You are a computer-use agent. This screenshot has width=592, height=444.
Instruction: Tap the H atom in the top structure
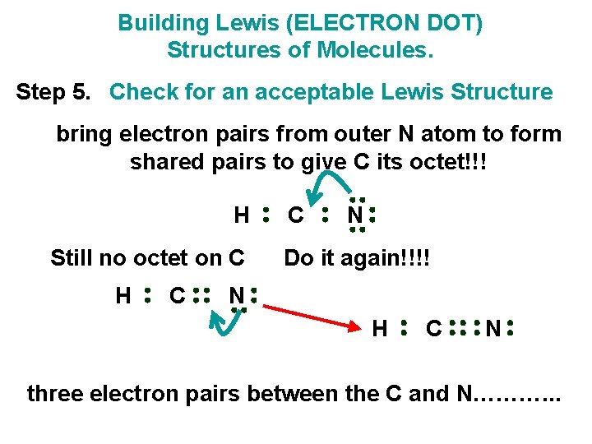tap(241, 215)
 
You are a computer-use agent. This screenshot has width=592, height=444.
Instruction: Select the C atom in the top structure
tap(295, 215)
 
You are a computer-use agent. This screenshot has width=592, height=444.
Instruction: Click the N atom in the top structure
tap(354, 215)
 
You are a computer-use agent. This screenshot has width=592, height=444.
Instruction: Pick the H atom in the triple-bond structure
tap(380, 330)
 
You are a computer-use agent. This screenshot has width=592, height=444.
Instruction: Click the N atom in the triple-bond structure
tap(493, 330)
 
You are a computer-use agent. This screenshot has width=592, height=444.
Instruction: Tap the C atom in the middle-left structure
tap(177, 294)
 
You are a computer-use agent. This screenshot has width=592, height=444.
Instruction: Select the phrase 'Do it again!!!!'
tap(357, 258)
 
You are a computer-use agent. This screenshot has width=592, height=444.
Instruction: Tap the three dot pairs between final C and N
tap(465, 329)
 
